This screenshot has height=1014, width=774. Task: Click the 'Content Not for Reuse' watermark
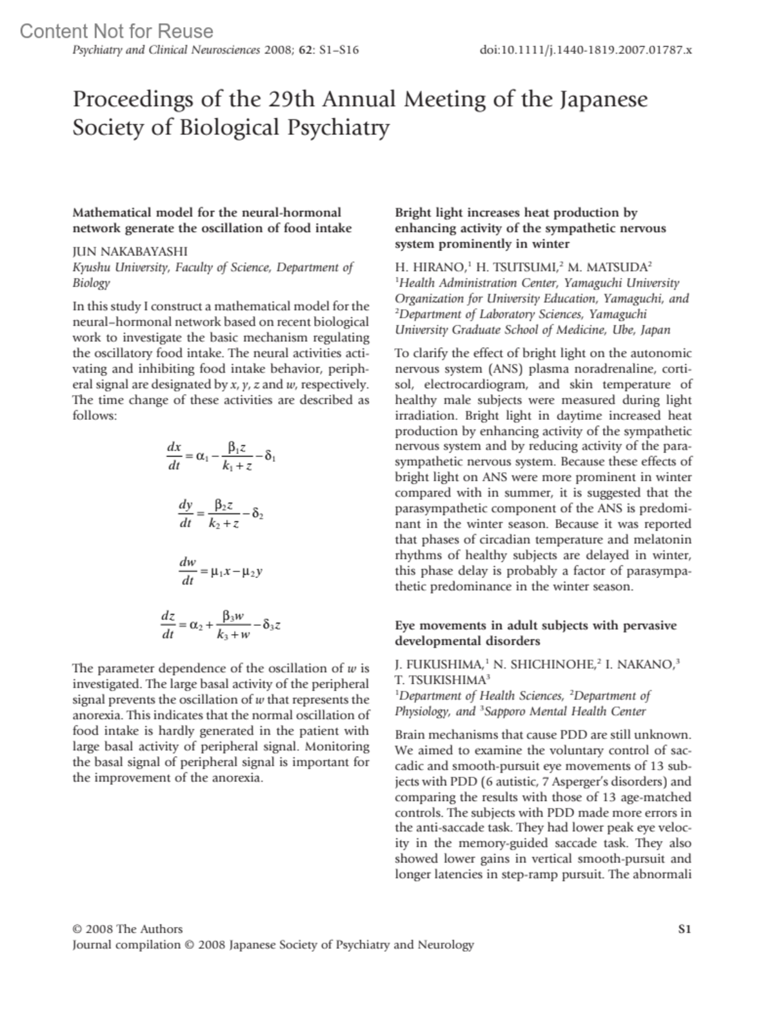(116, 31)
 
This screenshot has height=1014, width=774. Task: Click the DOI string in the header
(586, 50)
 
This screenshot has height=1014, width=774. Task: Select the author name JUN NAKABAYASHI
(130, 252)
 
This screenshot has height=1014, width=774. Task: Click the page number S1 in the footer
(684, 929)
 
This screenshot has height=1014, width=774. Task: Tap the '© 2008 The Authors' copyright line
(128, 929)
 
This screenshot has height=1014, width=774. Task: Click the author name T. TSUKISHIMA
(441, 679)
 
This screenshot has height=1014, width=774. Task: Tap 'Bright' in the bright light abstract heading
(413, 213)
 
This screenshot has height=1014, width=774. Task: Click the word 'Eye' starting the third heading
(405, 626)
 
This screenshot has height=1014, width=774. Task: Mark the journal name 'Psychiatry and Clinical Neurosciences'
(166, 50)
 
